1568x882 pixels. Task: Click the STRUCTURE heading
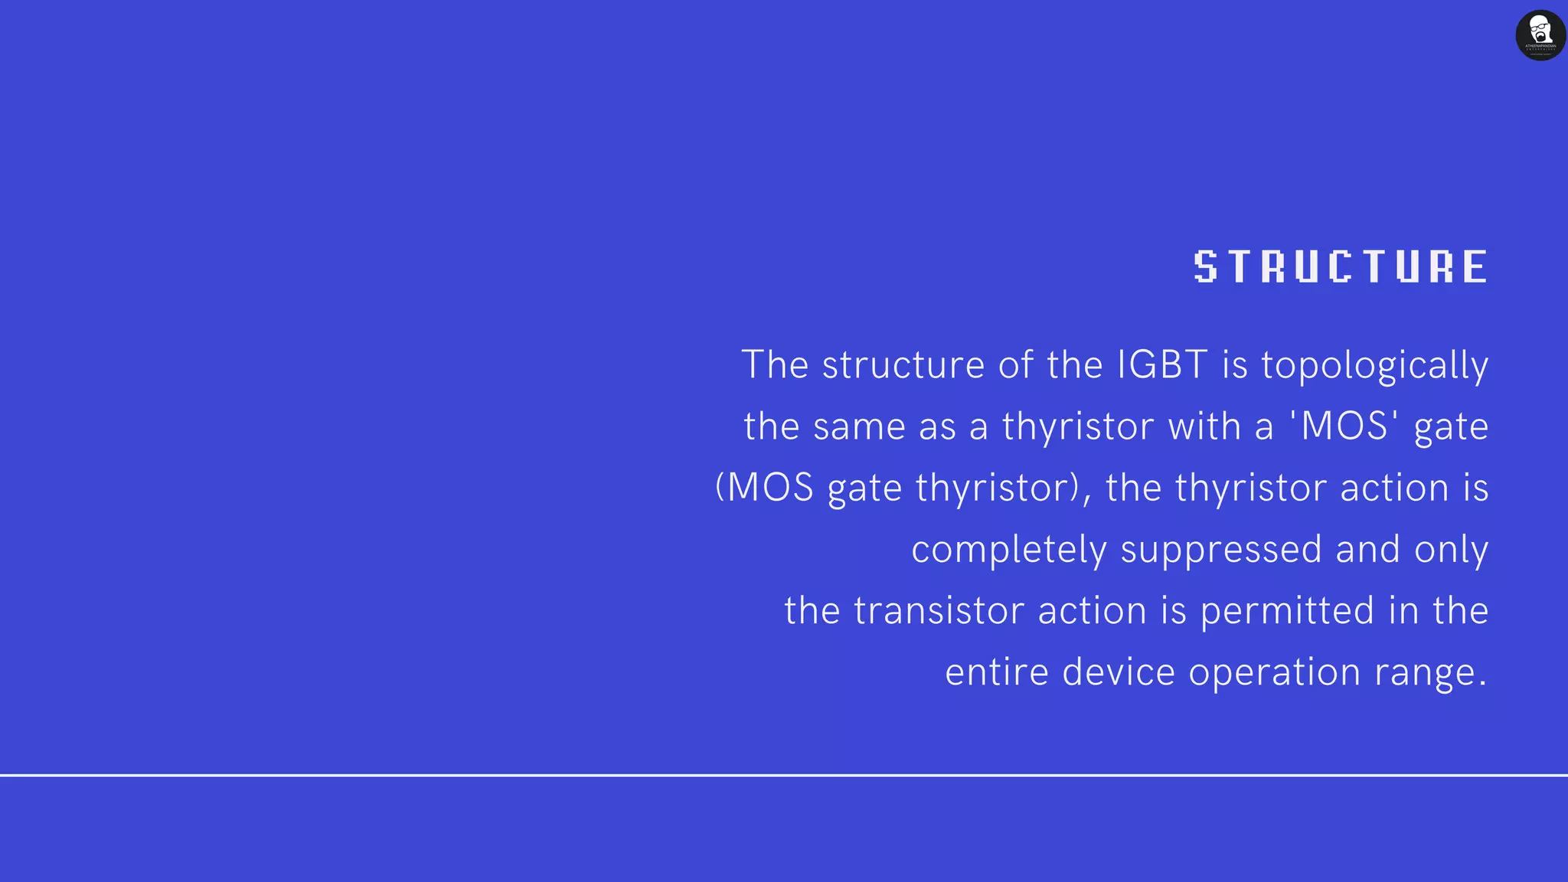click(x=1340, y=266)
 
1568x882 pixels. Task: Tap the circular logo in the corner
click(x=1540, y=35)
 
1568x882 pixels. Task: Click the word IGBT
click(x=1162, y=364)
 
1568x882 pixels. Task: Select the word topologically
click(x=1374, y=366)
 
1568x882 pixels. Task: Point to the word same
click(x=859, y=426)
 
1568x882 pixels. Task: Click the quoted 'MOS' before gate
click(x=1345, y=426)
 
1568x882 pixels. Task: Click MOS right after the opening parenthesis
click(x=769, y=488)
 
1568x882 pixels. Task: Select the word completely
click(x=1009, y=550)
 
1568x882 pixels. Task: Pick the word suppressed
click(x=1221, y=550)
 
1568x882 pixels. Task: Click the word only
click(x=1451, y=550)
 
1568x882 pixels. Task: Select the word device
click(x=1119, y=672)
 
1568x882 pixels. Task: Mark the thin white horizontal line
click(x=784, y=775)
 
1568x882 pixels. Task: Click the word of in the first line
click(x=1015, y=364)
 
